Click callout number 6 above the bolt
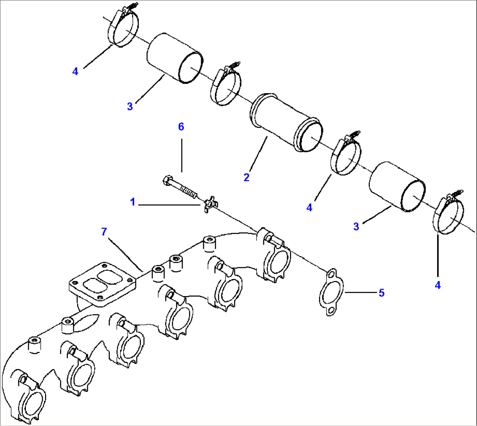pyautogui.click(x=181, y=127)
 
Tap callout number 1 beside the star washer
pyautogui.click(x=132, y=202)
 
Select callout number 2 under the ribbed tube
pyautogui.click(x=246, y=177)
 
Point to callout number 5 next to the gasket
pyautogui.click(x=382, y=293)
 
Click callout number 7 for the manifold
pyautogui.click(x=104, y=232)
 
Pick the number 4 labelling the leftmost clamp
pyautogui.click(x=75, y=71)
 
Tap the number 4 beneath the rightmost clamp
pyautogui.click(x=438, y=285)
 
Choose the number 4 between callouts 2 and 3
pyautogui.click(x=309, y=208)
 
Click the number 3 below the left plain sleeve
pyautogui.click(x=130, y=106)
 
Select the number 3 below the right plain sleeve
pyautogui.click(x=356, y=226)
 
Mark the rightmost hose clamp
pyautogui.click(x=449, y=215)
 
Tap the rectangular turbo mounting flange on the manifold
pyautogui.click(x=102, y=284)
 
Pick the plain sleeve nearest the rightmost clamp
pyautogui.click(x=396, y=185)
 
